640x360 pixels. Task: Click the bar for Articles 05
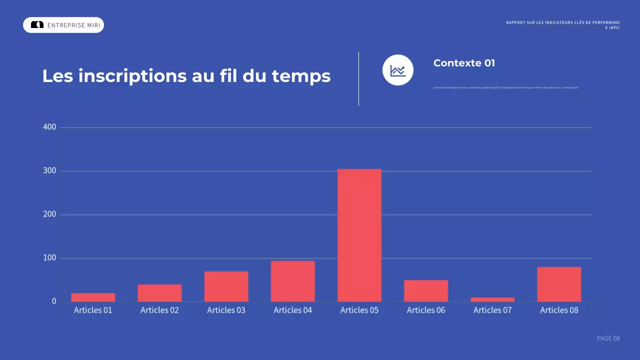click(x=359, y=235)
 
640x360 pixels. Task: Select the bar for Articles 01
click(x=93, y=297)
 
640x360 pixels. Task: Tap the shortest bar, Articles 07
click(x=492, y=299)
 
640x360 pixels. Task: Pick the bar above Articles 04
click(x=292, y=281)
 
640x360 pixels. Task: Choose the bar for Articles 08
click(x=559, y=284)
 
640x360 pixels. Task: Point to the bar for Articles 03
click(x=226, y=286)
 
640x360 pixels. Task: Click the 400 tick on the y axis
click(x=50, y=127)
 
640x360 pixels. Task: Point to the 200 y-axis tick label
click(x=50, y=214)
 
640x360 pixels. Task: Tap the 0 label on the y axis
click(x=54, y=301)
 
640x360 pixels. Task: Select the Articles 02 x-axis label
click(x=159, y=310)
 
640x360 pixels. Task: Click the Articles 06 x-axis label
click(x=426, y=310)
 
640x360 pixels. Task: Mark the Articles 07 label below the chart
click(x=492, y=310)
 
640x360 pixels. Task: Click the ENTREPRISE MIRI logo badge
click(x=63, y=25)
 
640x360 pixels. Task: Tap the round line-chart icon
click(x=398, y=70)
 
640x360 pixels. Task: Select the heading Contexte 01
click(x=464, y=63)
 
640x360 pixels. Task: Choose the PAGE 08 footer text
click(x=608, y=338)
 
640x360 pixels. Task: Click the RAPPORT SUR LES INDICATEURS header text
click(x=563, y=23)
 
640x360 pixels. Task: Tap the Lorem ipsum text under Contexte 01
click(x=505, y=87)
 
